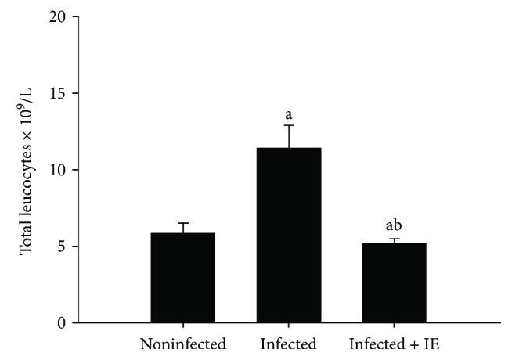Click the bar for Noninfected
(182, 278)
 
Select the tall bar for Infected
(289, 235)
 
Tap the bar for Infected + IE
(395, 283)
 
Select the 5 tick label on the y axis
(63, 247)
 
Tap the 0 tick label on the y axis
(63, 322)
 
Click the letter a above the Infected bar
(289, 114)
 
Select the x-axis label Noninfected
(182, 344)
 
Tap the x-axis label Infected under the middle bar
(289, 344)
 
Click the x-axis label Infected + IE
(395, 344)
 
